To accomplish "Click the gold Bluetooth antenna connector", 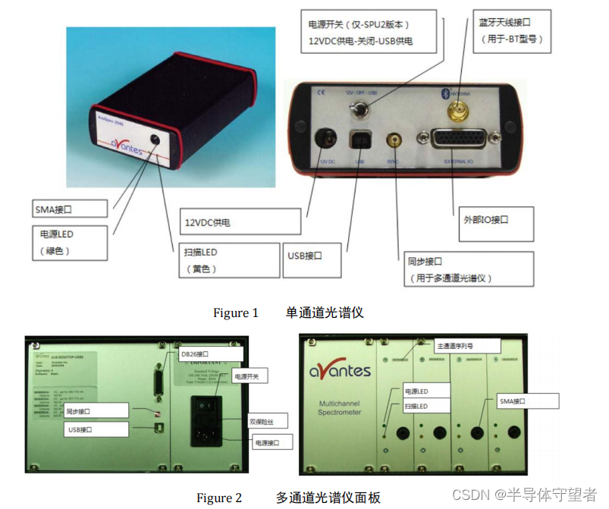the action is [457, 114].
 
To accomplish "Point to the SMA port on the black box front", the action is [156, 139].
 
